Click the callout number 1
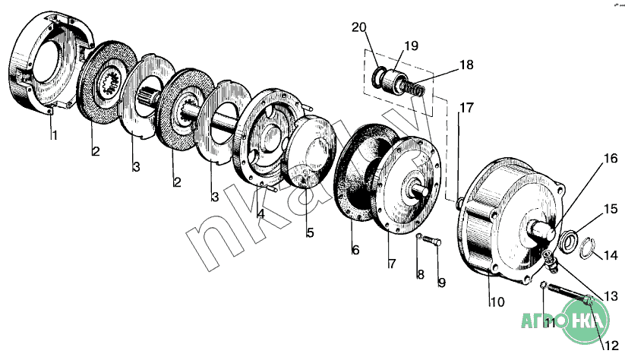tap(53, 136)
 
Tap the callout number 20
tap(359, 29)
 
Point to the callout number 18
tap(466, 65)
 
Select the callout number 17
tap(466, 108)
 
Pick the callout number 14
tap(610, 256)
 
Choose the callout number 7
tap(392, 264)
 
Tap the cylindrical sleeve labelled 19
tap(395, 81)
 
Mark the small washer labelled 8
tap(418, 239)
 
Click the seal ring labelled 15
tap(566, 241)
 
